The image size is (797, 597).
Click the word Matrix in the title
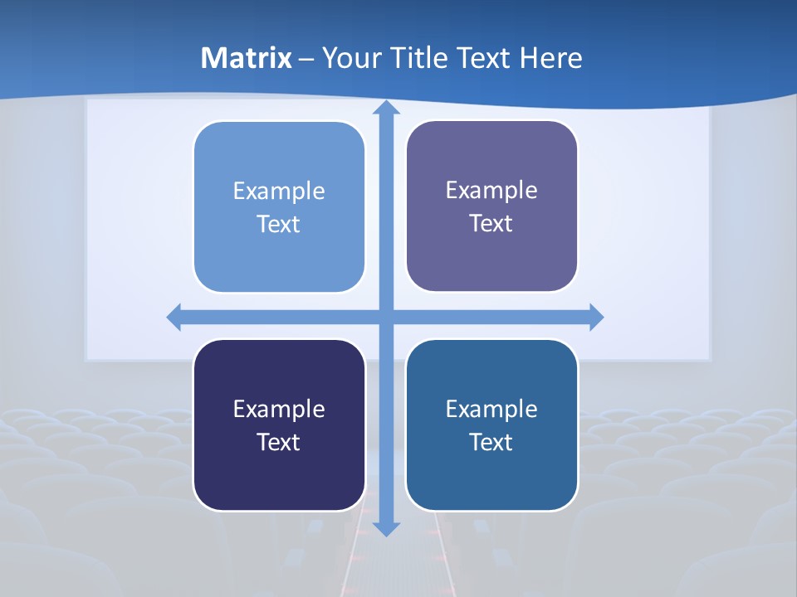click(247, 58)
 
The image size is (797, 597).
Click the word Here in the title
click(551, 58)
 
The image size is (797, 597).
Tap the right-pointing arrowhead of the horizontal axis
click(595, 317)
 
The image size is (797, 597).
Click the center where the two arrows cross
click(386, 317)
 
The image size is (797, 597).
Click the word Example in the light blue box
click(279, 192)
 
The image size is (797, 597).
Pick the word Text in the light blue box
click(279, 225)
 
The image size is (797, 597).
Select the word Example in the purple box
click(491, 191)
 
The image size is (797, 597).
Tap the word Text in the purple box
click(491, 224)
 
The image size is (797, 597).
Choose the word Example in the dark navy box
click(279, 410)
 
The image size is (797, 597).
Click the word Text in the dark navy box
click(279, 443)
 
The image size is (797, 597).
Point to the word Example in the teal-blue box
click(491, 410)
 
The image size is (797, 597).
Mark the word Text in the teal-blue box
click(491, 443)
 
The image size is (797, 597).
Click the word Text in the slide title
click(486, 58)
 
